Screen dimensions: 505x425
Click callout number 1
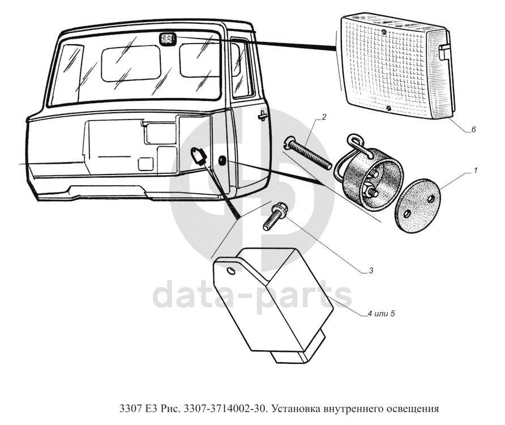pos(476,171)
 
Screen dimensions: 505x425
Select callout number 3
pos(370,270)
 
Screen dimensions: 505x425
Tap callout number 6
pos(473,130)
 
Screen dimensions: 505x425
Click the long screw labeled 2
pos(309,152)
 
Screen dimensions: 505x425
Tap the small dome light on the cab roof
pos(167,39)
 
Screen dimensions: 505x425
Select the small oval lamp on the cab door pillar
pos(222,161)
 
